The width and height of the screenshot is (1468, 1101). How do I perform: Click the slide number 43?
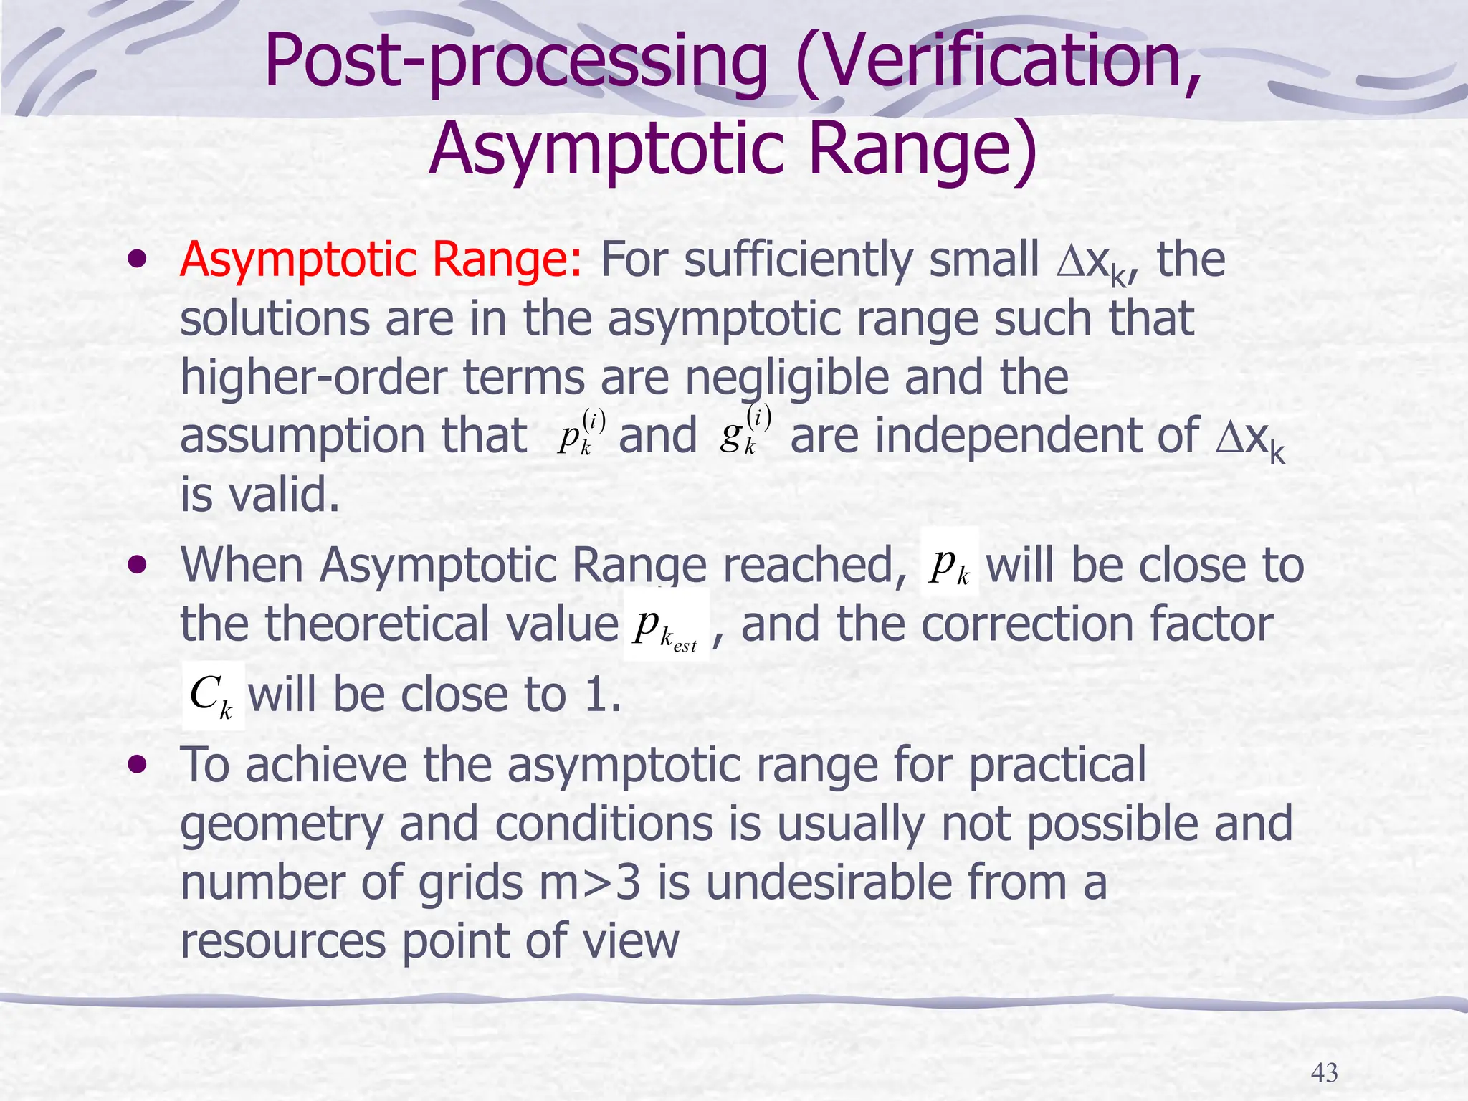(x=1324, y=1072)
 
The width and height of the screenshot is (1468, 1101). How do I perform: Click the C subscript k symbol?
(x=212, y=696)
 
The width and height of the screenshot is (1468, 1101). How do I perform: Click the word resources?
(x=282, y=941)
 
